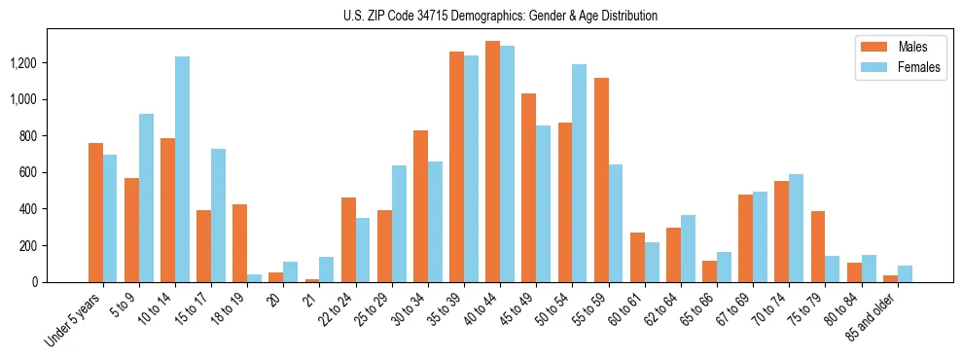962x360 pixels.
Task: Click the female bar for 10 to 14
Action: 183,169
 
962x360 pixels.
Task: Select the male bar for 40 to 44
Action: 492,162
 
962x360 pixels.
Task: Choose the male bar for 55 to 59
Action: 601,180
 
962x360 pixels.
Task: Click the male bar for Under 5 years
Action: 95,213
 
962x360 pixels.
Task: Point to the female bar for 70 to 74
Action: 796,229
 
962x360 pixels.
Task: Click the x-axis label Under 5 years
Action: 73,317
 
